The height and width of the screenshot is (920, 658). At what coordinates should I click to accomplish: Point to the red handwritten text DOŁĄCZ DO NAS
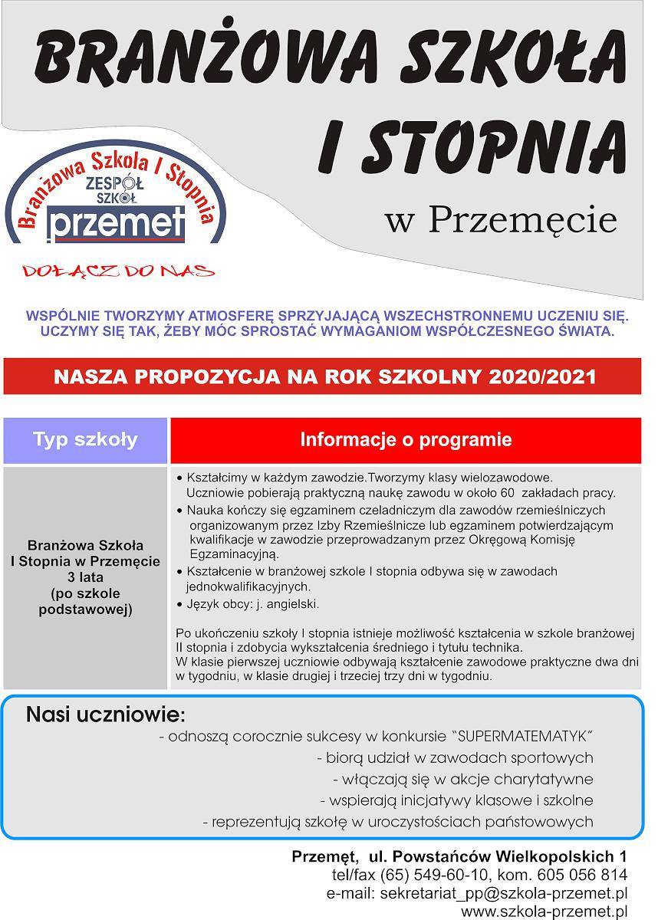tap(119, 271)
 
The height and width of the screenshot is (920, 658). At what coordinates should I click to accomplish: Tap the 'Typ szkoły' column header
tap(85, 440)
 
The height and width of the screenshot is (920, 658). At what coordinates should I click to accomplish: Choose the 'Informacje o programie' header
tap(406, 440)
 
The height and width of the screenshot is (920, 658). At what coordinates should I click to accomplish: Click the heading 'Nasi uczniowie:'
tap(106, 715)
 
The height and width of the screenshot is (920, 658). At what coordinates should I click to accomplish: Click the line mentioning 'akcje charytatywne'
tap(463, 780)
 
